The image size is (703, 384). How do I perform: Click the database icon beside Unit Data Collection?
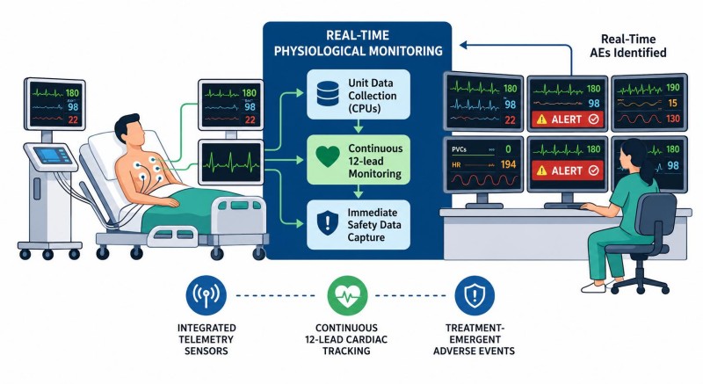click(x=328, y=93)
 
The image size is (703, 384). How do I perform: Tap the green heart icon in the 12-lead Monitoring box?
click(x=328, y=156)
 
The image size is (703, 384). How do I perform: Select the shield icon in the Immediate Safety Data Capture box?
click(x=328, y=222)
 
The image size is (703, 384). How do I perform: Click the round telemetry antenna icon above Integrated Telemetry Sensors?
click(x=207, y=296)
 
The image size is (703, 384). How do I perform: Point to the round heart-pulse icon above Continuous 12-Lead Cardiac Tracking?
click(x=347, y=296)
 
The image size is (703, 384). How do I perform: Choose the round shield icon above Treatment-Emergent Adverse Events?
click(x=475, y=296)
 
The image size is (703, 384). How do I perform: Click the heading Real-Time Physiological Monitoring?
click(x=358, y=43)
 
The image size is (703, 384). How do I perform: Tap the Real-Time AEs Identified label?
click(x=628, y=46)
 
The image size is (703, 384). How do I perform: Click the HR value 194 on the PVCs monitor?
click(x=508, y=164)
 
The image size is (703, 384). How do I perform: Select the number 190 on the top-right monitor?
click(x=672, y=87)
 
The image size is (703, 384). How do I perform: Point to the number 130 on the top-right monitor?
click(x=672, y=119)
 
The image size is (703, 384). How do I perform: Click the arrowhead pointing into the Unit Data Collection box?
click(x=300, y=93)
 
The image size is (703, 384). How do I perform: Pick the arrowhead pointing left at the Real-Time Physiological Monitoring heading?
click(x=464, y=45)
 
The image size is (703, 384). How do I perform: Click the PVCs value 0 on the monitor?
click(x=508, y=149)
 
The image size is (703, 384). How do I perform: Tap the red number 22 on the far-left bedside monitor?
click(x=73, y=120)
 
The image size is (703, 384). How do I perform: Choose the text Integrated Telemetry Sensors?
click(x=207, y=339)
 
